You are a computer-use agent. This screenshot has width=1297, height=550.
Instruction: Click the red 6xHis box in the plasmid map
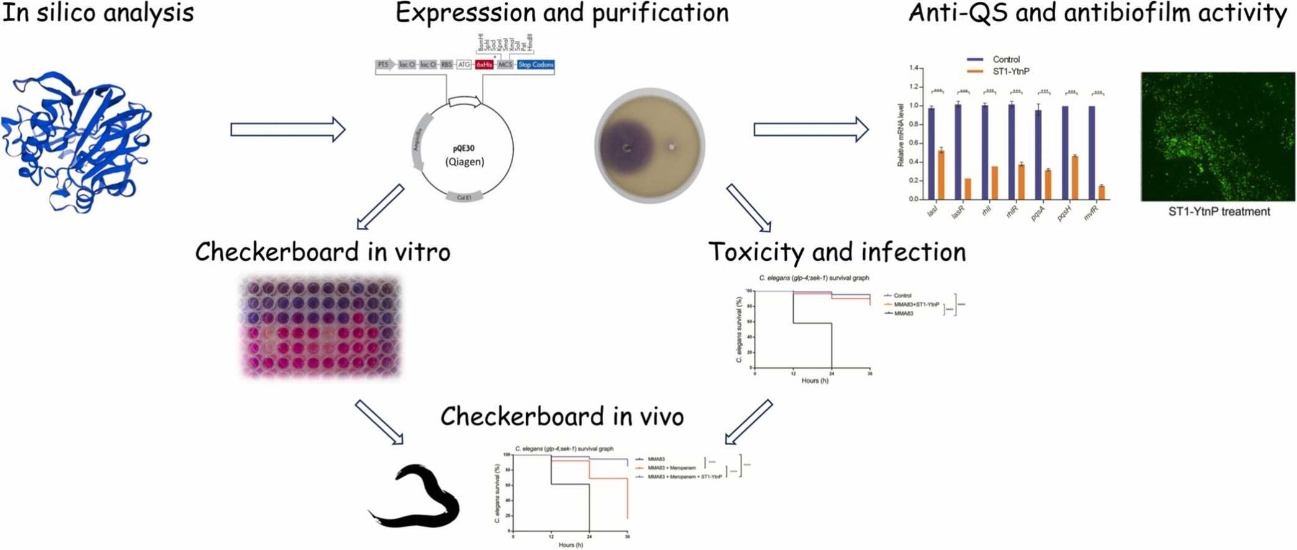tap(484, 65)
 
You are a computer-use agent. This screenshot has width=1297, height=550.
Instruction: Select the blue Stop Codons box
tap(535, 65)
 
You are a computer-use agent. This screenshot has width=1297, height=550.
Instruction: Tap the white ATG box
tap(464, 65)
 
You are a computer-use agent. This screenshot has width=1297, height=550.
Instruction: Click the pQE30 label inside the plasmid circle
tap(464, 148)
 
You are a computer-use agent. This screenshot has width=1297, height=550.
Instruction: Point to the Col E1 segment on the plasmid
tap(464, 197)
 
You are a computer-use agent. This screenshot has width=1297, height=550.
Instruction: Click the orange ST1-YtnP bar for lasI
tap(941, 174)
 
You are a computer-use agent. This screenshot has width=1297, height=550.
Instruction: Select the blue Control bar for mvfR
tap(1092, 153)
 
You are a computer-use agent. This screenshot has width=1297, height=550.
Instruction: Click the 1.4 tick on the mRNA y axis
tap(913, 68)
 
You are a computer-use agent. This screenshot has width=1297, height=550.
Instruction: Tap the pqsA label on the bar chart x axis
tap(1038, 214)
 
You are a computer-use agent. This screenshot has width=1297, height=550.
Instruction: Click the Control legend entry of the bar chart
tap(1005, 60)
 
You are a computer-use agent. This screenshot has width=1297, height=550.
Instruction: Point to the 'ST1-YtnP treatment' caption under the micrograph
tap(1219, 212)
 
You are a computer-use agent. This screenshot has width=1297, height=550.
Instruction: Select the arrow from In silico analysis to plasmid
tap(288, 129)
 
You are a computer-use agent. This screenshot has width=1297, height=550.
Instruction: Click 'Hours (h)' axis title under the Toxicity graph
tap(814, 381)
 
